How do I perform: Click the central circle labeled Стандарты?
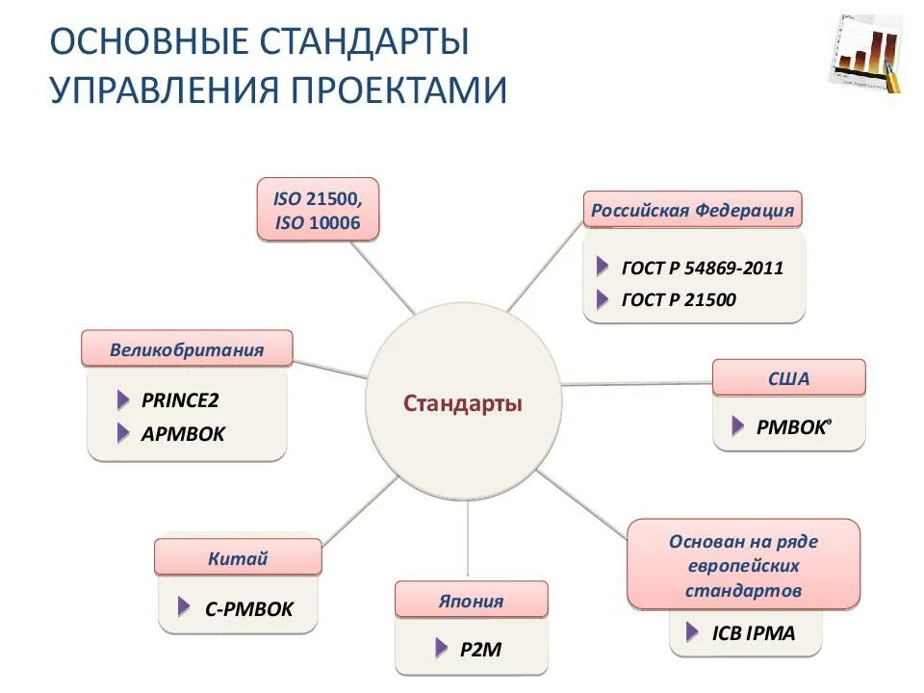[x=463, y=403]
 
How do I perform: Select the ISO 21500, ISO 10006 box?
[x=318, y=210]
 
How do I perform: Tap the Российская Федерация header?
[x=692, y=211]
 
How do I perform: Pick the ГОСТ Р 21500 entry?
[x=678, y=300]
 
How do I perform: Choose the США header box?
[x=788, y=378]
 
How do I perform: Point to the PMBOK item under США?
[x=790, y=427]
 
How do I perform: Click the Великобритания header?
[x=187, y=349]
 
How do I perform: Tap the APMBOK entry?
[x=182, y=434]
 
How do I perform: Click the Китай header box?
[x=238, y=558]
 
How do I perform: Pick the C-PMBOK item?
[x=248, y=608]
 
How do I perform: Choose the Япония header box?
[x=471, y=602]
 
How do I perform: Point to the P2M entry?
[x=481, y=650]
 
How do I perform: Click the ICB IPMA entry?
[x=754, y=634]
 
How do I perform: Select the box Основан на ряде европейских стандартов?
[x=743, y=565]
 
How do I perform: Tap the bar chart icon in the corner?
[x=865, y=54]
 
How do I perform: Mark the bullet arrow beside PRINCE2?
[x=123, y=400]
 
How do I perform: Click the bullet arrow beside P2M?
[x=441, y=647]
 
